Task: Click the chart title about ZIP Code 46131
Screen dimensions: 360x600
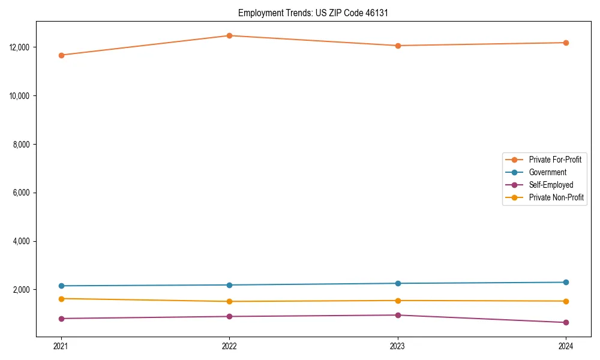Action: point(313,13)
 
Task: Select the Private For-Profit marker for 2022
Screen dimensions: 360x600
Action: point(229,35)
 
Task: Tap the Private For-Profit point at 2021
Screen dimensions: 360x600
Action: point(61,55)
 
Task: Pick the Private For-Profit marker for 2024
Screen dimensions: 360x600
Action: point(566,43)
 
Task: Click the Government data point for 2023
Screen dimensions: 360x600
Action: point(398,283)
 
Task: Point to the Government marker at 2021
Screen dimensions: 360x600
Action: point(61,286)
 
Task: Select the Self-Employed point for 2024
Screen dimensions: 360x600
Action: point(566,322)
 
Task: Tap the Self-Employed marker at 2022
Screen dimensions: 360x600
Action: point(229,316)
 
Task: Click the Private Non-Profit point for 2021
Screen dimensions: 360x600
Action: point(61,298)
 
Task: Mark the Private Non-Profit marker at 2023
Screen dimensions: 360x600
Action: point(398,301)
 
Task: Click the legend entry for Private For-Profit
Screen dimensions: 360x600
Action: point(555,160)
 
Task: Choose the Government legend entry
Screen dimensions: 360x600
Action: point(547,172)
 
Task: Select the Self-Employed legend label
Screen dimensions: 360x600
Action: point(551,185)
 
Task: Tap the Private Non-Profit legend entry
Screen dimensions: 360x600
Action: point(556,197)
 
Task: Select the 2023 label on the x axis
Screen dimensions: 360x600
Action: point(398,346)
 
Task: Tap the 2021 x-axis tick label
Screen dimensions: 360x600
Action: point(61,346)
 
